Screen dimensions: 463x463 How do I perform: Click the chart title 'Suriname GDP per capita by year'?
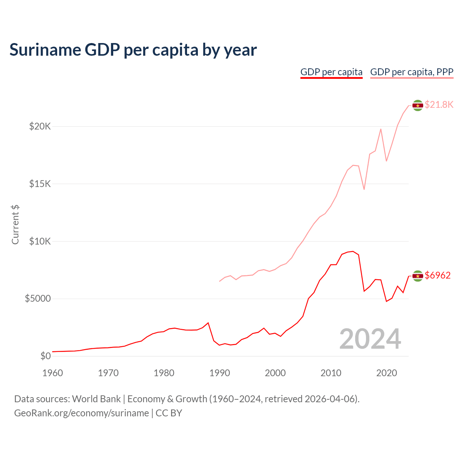[133, 50]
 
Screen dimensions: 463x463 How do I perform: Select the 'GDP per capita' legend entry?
[331, 72]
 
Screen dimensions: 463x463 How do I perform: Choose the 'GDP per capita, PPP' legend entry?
[412, 72]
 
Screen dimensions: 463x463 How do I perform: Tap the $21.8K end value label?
[439, 105]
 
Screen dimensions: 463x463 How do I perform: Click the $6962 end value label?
[438, 275]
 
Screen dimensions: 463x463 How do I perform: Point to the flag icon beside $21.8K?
[418, 105]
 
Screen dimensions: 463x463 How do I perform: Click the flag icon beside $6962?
[418, 276]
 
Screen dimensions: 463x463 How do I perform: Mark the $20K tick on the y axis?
[40, 127]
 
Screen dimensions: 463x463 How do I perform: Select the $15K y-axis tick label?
[40, 184]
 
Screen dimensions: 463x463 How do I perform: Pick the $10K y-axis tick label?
[40, 241]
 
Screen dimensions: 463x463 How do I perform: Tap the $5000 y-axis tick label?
[38, 299]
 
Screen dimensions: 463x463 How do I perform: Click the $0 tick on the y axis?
[46, 356]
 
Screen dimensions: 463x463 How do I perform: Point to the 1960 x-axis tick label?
[53, 373]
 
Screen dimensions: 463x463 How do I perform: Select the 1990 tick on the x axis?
[220, 373]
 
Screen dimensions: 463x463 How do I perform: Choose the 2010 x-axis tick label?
[331, 373]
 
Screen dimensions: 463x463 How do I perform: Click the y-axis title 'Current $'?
[15, 225]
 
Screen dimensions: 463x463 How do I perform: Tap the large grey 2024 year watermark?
[370, 339]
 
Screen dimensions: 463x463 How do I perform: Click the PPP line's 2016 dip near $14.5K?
[364, 189]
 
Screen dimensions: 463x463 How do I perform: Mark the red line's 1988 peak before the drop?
[208, 323]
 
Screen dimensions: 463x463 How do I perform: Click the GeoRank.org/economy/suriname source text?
[81, 413]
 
